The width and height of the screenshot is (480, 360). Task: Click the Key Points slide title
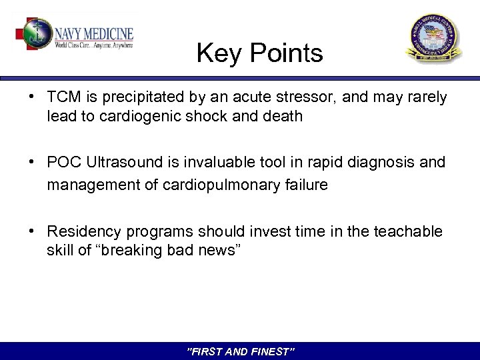259,53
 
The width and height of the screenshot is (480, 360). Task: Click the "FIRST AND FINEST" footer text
241,351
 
